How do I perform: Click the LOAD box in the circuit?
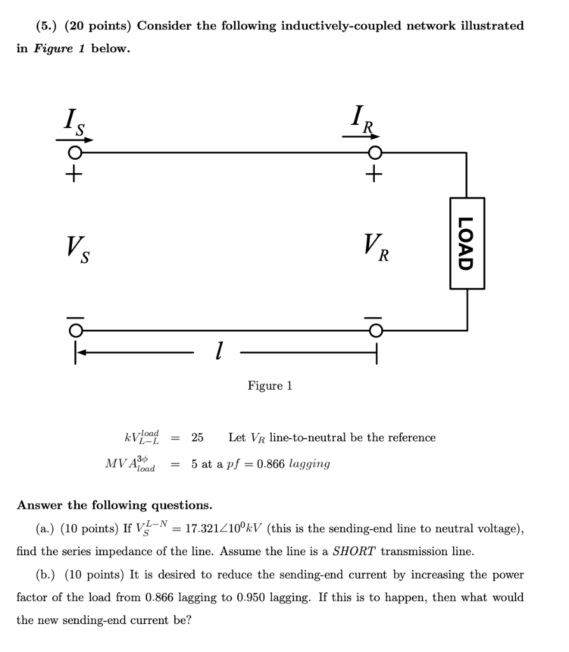(467, 243)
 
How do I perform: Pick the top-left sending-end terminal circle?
(75, 153)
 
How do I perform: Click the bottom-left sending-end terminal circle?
(75, 330)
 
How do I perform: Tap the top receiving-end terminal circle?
(376, 153)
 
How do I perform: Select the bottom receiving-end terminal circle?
(376, 330)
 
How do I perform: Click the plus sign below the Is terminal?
(75, 173)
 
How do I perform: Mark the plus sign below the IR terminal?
(376, 173)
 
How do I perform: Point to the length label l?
(218, 350)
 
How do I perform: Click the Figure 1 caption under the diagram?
(270, 386)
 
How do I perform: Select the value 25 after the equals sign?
(197, 437)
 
